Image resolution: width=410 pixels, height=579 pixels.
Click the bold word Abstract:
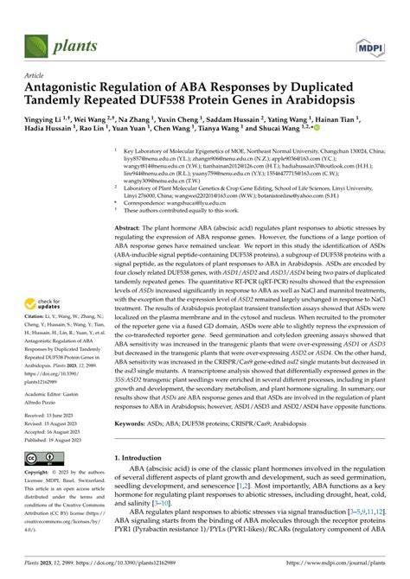pos(131,226)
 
